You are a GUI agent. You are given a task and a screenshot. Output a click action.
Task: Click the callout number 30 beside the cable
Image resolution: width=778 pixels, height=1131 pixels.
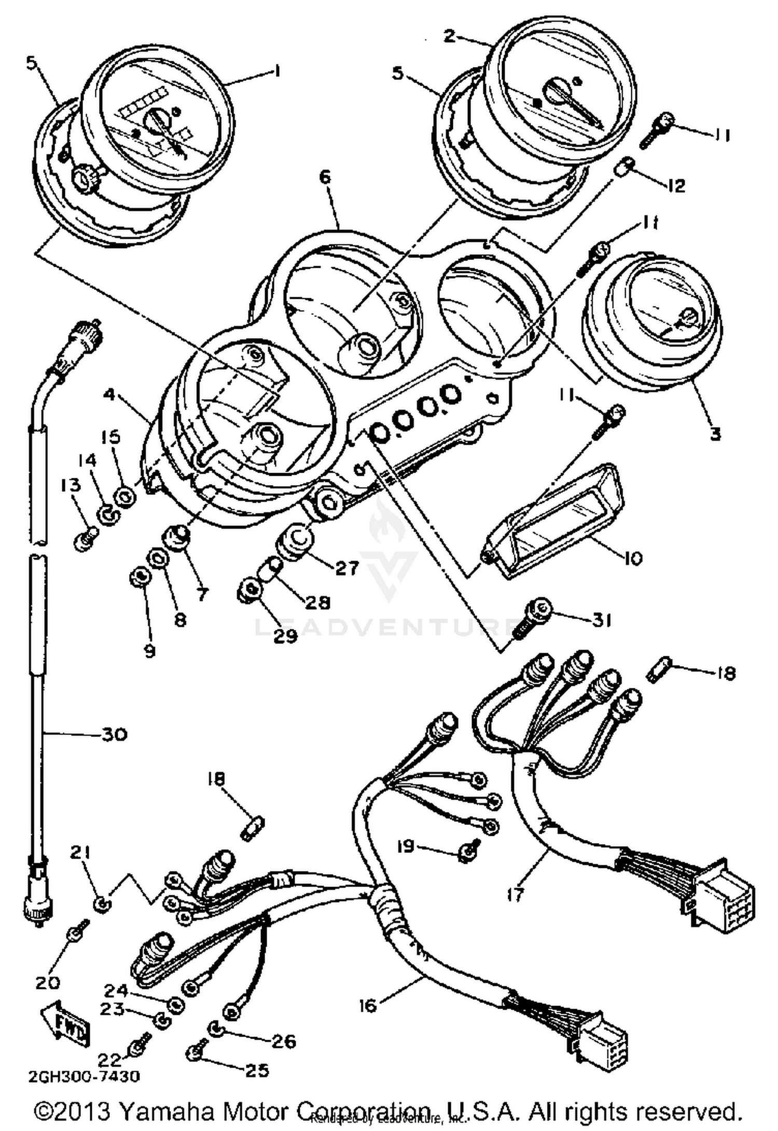(x=114, y=734)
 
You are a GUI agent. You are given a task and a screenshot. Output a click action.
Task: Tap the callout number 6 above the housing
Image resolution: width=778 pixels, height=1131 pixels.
(x=325, y=176)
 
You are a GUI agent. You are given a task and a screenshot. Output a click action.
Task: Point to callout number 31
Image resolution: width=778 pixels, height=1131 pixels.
(x=601, y=620)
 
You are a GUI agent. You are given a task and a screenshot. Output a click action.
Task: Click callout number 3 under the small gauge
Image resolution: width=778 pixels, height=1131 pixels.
(x=715, y=433)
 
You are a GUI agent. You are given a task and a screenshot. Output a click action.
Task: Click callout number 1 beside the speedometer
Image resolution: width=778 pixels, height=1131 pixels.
(x=277, y=71)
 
